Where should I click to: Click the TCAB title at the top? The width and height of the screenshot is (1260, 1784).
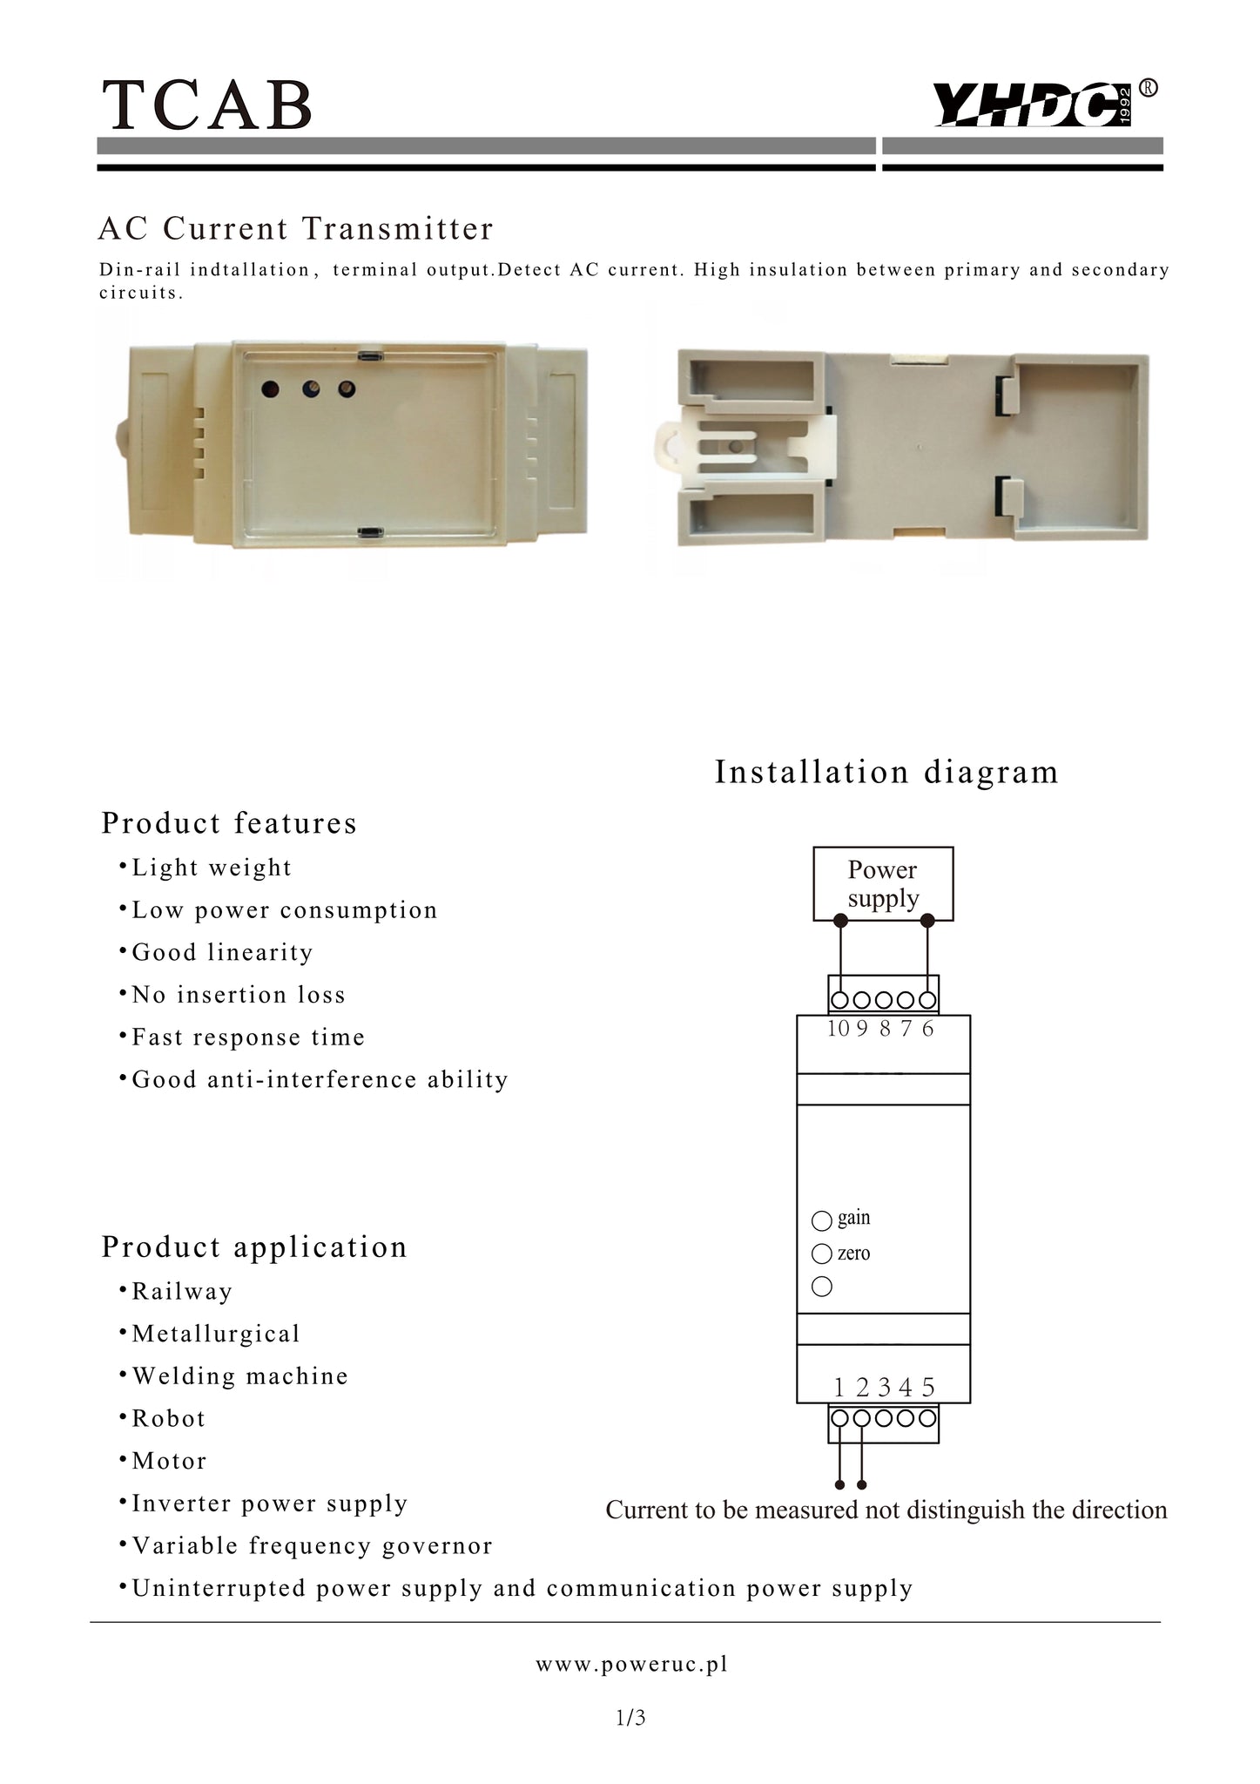(207, 105)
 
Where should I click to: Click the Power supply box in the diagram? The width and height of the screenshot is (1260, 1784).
(882, 883)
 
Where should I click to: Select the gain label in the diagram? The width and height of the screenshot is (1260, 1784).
(853, 1218)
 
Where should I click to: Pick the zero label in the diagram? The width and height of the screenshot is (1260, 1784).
(853, 1254)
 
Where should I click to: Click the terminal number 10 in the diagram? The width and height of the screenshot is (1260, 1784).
(838, 1029)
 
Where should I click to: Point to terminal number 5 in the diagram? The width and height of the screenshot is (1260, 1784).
(928, 1387)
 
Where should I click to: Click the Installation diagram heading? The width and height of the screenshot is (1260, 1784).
(886, 772)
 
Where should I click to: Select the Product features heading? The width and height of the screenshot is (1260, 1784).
(229, 823)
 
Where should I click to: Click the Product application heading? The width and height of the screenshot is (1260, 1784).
(254, 1247)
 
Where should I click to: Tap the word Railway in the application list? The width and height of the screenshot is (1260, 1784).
(182, 1291)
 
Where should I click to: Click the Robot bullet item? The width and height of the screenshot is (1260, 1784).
(169, 1418)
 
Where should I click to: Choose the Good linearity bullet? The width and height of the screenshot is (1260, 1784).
(222, 952)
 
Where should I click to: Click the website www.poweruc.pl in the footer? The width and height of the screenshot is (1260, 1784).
(631, 1665)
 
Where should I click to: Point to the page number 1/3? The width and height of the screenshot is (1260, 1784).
(630, 1718)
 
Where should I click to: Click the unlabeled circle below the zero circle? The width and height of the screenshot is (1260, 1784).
(821, 1287)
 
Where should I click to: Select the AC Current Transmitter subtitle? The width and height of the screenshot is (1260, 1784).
(296, 229)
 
